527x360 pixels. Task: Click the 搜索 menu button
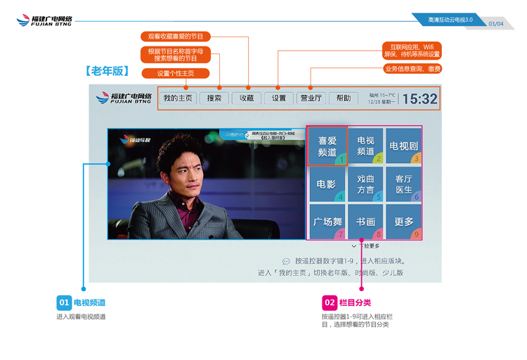click(214, 98)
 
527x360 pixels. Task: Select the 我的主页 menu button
click(178, 98)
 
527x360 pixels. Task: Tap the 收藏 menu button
click(247, 98)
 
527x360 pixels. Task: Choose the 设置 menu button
click(279, 98)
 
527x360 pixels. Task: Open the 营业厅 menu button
click(311, 98)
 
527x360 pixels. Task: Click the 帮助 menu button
click(344, 98)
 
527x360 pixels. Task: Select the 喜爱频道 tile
click(327, 146)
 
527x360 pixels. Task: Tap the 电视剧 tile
click(404, 146)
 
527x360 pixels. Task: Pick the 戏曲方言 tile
click(365, 184)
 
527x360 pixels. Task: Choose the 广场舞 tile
click(327, 222)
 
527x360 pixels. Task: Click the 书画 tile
click(365, 222)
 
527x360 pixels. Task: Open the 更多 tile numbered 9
click(404, 222)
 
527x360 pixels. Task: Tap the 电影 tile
click(327, 184)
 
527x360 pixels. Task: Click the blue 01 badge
click(64, 303)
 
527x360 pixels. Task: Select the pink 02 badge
click(330, 303)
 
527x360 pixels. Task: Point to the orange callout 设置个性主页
click(175, 73)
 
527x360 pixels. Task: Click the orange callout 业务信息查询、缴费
click(412, 69)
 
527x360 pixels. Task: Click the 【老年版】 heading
click(105, 71)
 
